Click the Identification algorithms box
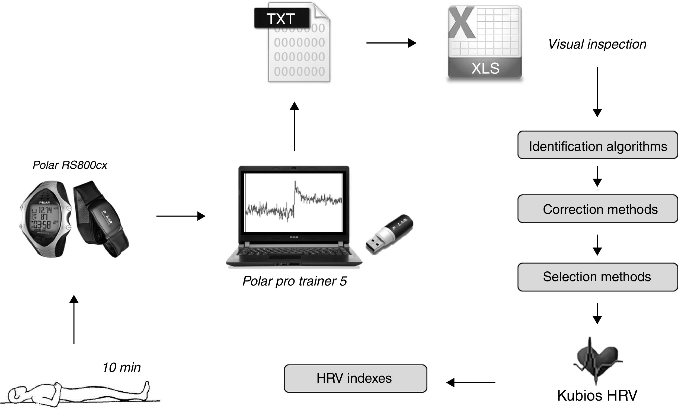click(x=597, y=145)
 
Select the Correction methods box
click(x=597, y=209)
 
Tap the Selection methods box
click(x=597, y=277)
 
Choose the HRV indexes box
click(x=355, y=378)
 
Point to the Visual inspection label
click(x=597, y=44)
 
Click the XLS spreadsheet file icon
click(x=485, y=43)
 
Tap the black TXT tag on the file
click(x=282, y=18)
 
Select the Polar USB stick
click(x=389, y=234)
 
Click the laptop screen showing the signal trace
click(x=294, y=202)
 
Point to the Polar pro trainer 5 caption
click(x=295, y=281)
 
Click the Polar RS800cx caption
click(x=70, y=165)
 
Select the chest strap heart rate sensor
click(x=100, y=218)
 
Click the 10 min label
click(x=121, y=367)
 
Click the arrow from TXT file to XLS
click(x=391, y=43)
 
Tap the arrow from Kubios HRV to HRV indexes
click(x=471, y=382)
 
